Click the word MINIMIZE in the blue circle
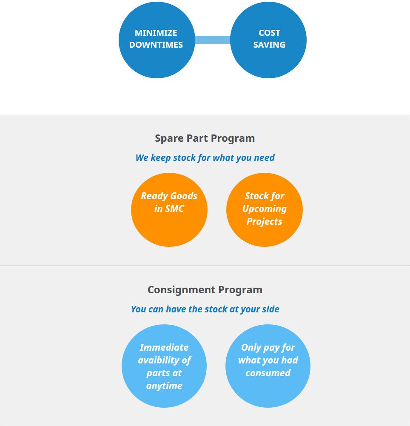(x=156, y=33)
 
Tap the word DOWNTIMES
(x=156, y=45)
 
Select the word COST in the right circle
(x=269, y=33)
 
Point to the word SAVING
(x=269, y=45)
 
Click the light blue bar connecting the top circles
(x=213, y=40)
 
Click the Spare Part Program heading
(x=205, y=138)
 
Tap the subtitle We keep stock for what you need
(x=205, y=158)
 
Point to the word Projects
(x=264, y=222)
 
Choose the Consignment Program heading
(x=205, y=290)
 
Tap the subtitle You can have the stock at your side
(x=205, y=309)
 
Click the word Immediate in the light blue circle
(x=164, y=348)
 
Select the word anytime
(x=164, y=386)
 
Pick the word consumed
(x=268, y=373)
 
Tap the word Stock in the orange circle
(x=256, y=196)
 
